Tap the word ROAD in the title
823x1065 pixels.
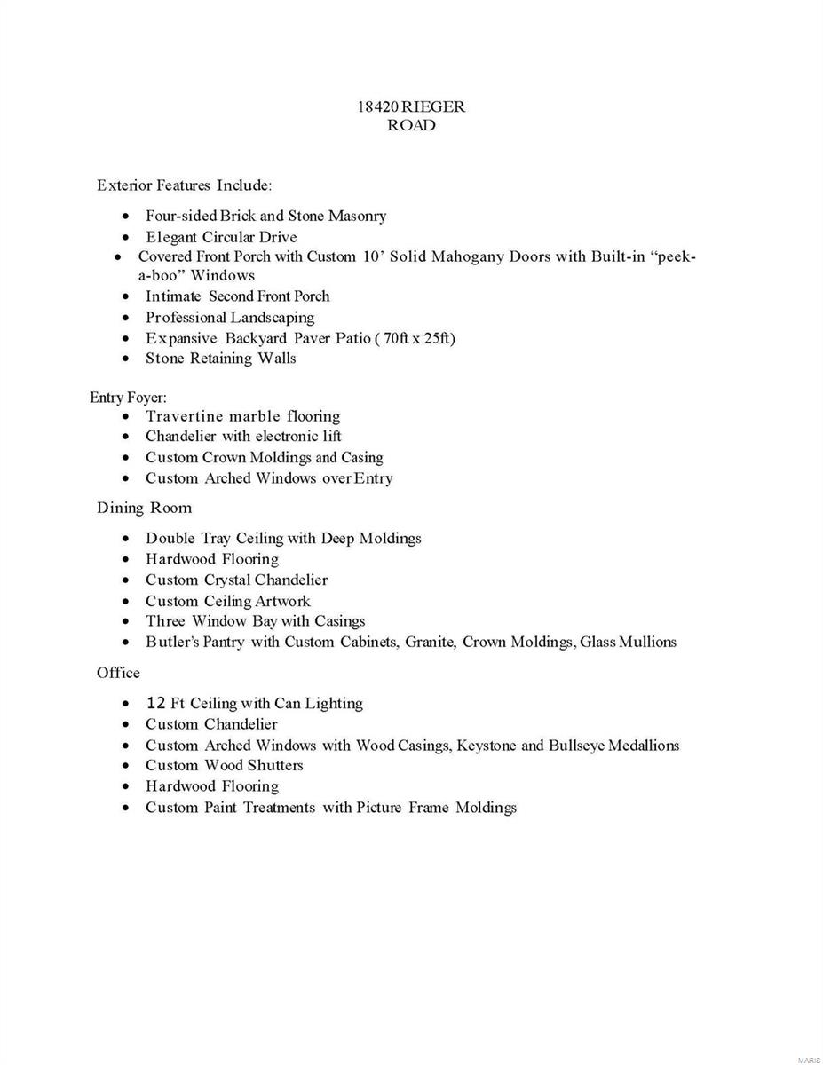(411, 125)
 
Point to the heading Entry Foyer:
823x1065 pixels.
(128, 398)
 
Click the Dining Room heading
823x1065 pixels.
(144, 508)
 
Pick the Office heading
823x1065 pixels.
(118, 673)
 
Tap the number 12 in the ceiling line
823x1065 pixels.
(155, 703)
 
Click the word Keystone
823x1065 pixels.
(487, 745)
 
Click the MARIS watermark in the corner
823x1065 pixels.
(808, 1059)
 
